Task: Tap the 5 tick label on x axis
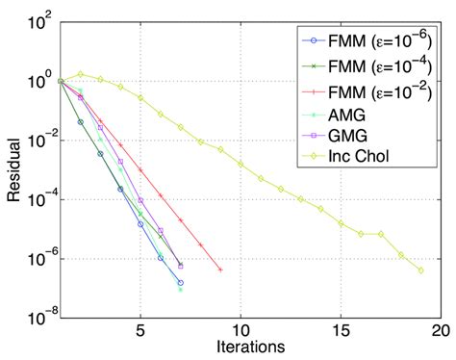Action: click(x=140, y=329)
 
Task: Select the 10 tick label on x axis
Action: click(x=241, y=329)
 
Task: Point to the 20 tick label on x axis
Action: click(x=440, y=329)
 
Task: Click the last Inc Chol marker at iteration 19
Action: click(x=420, y=270)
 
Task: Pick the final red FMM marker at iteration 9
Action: click(x=220, y=270)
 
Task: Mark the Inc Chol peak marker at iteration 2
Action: click(x=81, y=74)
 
